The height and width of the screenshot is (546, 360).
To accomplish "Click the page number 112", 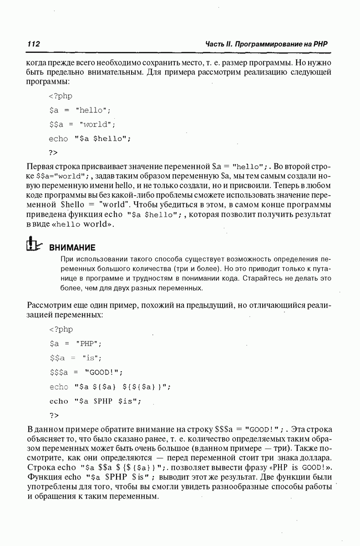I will coord(34,44).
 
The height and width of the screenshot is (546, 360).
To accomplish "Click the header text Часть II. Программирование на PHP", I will coord(267,44).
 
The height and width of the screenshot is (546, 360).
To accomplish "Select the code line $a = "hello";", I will coord(80,110).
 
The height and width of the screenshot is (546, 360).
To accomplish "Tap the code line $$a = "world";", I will coord(82,124).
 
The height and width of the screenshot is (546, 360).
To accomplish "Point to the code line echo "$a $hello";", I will coord(90,138).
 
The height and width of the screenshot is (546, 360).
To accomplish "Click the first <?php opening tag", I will coord(60,96).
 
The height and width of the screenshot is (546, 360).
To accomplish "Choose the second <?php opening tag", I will coord(60,329).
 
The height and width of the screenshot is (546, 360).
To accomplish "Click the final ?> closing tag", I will coord(54,415).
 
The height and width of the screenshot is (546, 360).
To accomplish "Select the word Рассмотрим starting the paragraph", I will coord(49,305).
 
